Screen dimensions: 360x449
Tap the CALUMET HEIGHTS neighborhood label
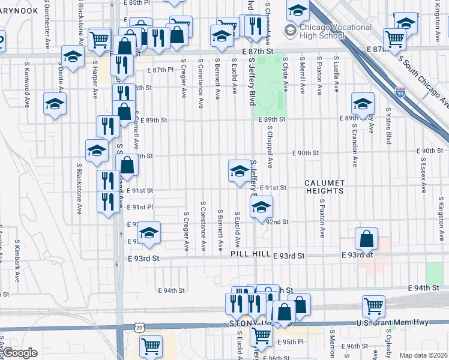click(x=325, y=187)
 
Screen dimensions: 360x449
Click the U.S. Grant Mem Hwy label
click(x=402, y=322)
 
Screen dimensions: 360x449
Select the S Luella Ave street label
click(x=337, y=76)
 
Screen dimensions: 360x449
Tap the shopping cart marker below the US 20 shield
click(x=151, y=346)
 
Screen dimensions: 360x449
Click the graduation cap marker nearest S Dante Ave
click(x=73, y=57)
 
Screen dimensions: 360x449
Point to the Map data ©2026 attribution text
click(x=424, y=355)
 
